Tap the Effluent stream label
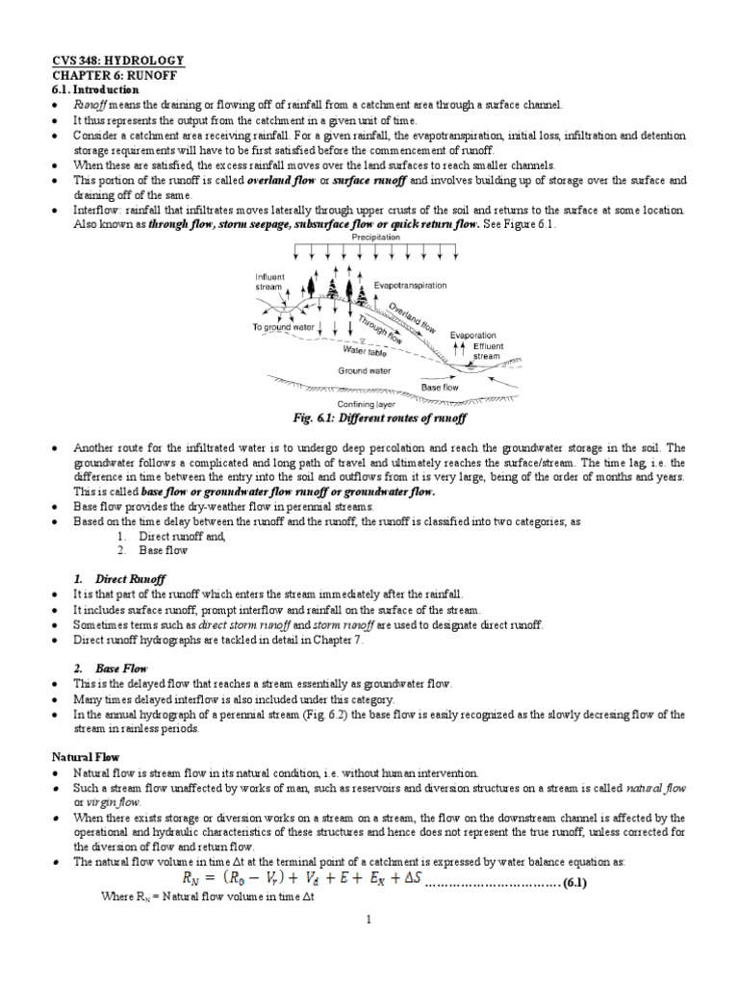[x=487, y=351]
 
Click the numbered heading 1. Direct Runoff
[x=119, y=579]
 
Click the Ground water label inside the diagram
[x=363, y=369]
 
